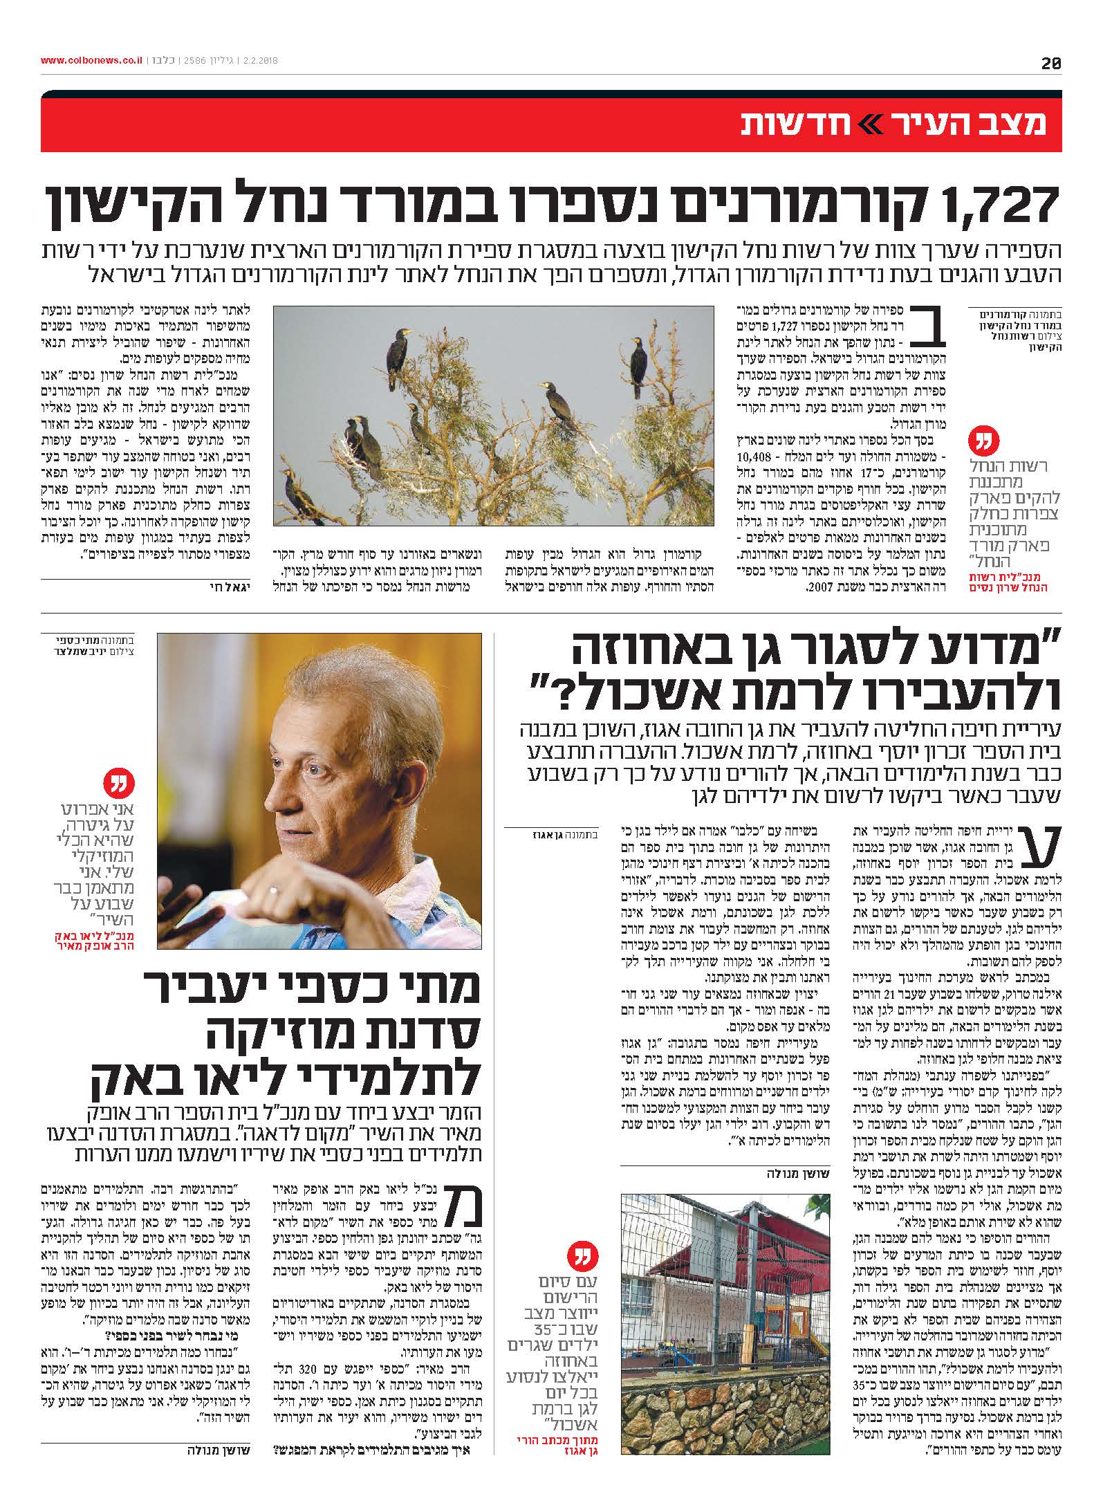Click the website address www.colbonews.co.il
(92, 62)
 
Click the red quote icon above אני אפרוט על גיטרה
(114, 785)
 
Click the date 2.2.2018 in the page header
(257, 62)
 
